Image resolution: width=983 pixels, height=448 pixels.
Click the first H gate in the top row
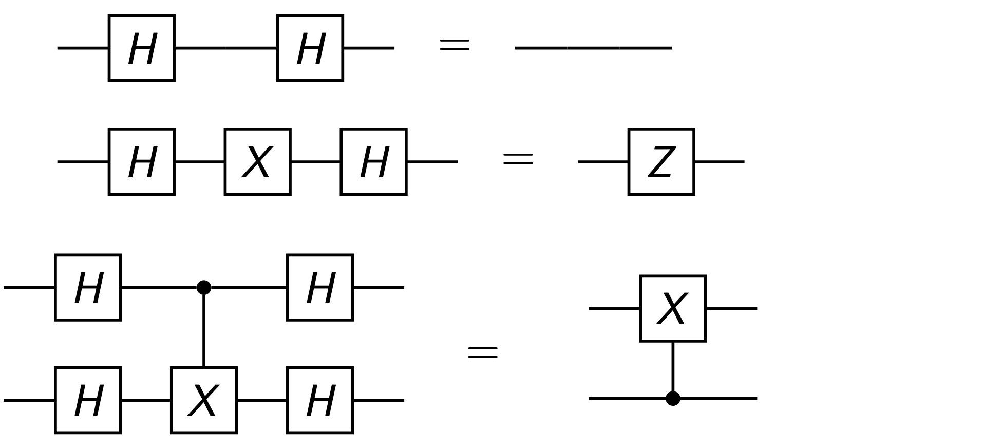(142, 48)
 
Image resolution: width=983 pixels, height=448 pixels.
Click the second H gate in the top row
(310, 48)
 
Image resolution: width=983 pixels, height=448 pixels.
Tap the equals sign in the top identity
(455, 45)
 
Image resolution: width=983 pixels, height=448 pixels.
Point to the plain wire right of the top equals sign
(593, 48)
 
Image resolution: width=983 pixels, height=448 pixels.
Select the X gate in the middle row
(257, 162)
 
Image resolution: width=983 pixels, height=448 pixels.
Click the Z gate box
(661, 162)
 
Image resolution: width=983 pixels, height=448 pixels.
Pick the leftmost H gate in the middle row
(142, 162)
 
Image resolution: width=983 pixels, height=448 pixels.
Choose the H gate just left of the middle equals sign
(373, 162)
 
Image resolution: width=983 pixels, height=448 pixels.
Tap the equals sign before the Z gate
(518, 159)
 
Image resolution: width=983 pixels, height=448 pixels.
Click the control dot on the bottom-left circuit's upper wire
(204, 287)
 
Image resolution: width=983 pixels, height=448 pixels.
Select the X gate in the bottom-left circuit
(204, 400)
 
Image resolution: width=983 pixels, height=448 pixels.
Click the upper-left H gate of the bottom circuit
(88, 287)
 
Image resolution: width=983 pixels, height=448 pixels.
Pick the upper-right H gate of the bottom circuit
(320, 287)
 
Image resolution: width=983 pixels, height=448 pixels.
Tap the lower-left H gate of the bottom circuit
(88, 400)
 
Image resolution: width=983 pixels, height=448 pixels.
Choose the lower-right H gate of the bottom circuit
(320, 400)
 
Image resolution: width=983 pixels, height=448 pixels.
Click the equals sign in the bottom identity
(483, 352)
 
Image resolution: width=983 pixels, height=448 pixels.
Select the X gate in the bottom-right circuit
(673, 308)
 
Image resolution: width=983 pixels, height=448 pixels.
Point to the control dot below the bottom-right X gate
(673, 398)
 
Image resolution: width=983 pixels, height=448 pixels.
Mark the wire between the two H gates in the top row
(226, 48)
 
